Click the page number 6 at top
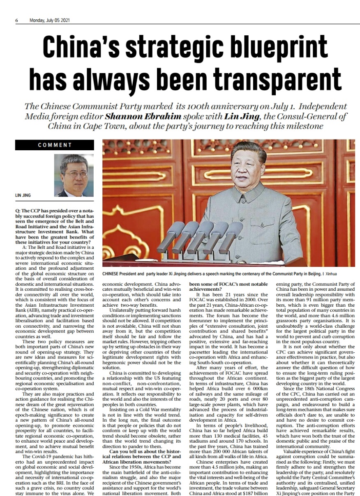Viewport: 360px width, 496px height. (17, 21)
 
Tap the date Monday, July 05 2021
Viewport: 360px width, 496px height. (49, 21)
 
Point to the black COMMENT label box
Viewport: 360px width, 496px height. (55, 145)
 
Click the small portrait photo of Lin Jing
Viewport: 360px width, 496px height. (74, 175)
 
